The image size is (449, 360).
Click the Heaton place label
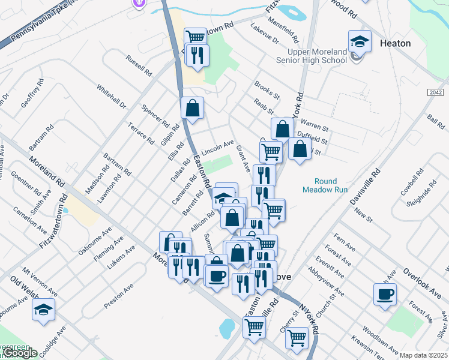(x=395, y=43)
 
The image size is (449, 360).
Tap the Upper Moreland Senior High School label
(x=311, y=56)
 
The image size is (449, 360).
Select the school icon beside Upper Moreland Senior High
(x=360, y=41)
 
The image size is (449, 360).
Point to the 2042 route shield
(x=438, y=92)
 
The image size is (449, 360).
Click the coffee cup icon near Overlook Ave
(x=385, y=295)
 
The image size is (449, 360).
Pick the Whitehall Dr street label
(x=111, y=96)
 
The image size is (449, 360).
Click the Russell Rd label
(x=139, y=66)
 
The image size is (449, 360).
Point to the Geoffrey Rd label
(x=32, y=93)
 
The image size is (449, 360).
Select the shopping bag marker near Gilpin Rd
(x=192, y=109)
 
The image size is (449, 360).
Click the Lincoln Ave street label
(x=217, y=147)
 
